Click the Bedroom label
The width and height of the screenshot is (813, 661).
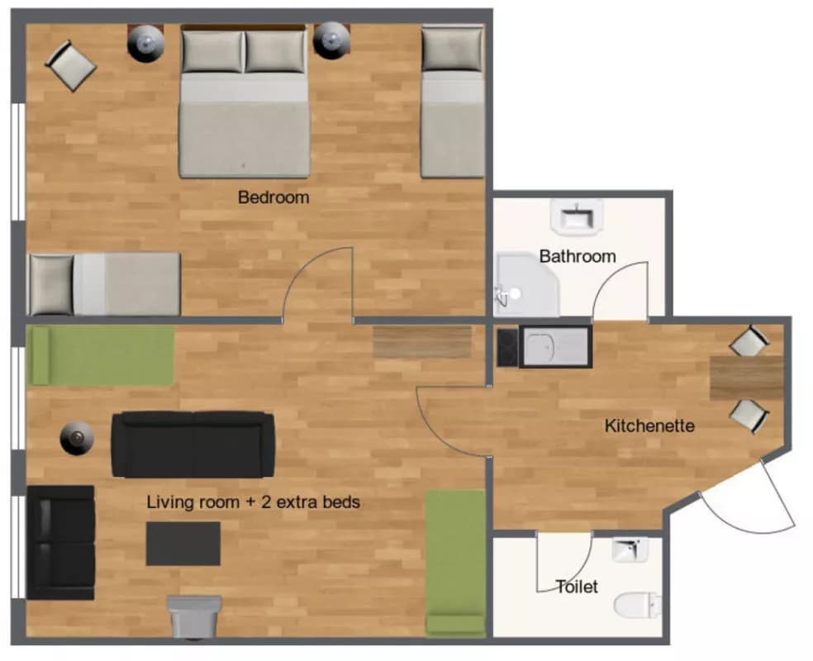pos(273,197)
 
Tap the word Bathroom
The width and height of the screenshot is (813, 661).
pos(578,256)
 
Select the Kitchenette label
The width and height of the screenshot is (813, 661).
pos(649,426)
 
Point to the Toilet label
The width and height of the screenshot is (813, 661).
pos(577,587)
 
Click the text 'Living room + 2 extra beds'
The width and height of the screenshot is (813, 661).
pos(253,502)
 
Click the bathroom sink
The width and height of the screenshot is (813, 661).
pos(576,215)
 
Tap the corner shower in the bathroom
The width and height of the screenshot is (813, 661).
pos(526,284)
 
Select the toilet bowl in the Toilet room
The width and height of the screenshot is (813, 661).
pos(637,605)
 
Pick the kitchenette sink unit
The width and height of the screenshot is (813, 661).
pos(556,346)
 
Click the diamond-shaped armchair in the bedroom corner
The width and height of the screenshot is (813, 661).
pos(71,66)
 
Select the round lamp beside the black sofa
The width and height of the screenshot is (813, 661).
pos(78,439)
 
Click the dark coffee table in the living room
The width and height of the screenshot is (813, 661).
pos(183,544)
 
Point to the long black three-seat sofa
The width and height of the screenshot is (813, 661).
pos(193,445)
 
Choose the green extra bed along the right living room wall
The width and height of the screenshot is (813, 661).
pos(455,563)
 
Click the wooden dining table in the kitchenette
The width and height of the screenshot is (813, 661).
pos(747,378)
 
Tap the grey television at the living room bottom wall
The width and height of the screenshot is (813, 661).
pos(194,617)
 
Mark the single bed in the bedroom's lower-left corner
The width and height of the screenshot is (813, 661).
pos(104,284)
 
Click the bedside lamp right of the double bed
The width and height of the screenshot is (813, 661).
pos(332,40)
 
